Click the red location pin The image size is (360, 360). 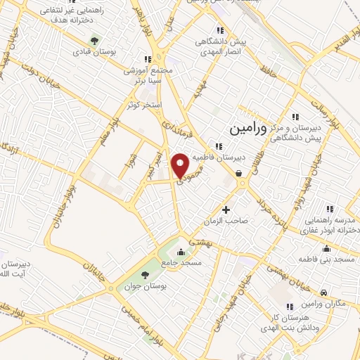tap(181, 165)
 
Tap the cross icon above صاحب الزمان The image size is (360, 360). tap(226, 210)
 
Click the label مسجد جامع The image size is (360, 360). tap(182, 262)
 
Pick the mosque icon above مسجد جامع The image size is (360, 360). tap(182, 251)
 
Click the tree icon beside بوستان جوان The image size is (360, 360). tap(145, 274)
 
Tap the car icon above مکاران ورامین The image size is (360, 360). tap(323, 292)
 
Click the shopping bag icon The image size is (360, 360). tap(239, 173)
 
